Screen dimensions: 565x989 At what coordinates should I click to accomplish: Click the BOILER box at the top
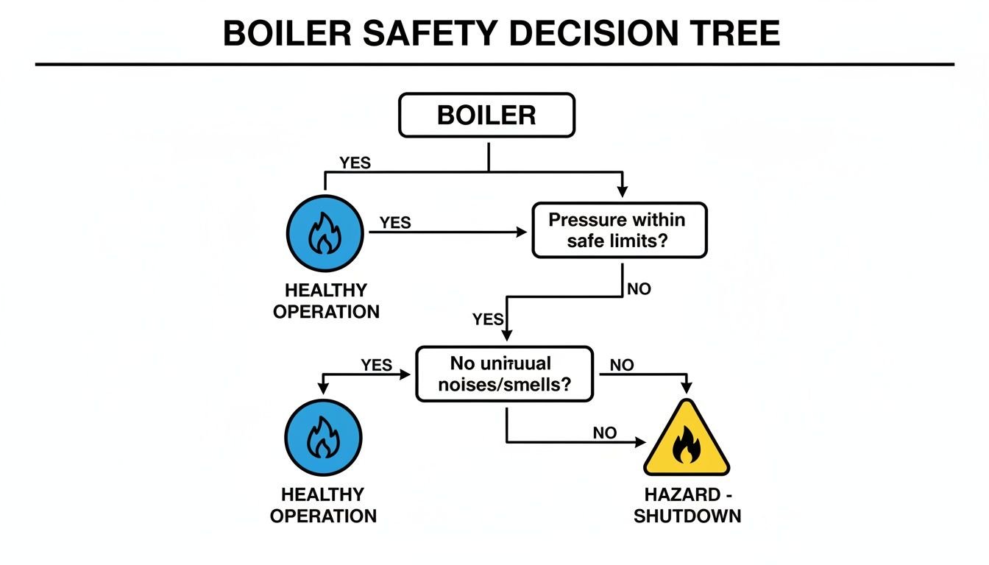coord(486,116)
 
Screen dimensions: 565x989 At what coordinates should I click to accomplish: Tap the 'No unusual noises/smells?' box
coord(504,374)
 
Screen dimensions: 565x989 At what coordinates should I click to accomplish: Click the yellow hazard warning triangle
coord(686,441)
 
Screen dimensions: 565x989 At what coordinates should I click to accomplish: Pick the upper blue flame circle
coord(324,232)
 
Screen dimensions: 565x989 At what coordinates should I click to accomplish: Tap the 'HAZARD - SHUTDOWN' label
coord(687,505)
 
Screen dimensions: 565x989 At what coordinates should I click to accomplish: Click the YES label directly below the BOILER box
coord(355,163)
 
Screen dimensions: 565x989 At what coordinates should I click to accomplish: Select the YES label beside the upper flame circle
coord(395,222)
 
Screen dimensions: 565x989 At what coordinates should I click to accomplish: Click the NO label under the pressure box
coord(639,289)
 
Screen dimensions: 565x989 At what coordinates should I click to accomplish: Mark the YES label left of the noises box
coord(376,365)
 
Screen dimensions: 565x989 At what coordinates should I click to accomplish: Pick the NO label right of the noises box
coord(622,366)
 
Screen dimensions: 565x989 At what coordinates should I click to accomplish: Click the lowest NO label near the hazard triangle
coord(604,433)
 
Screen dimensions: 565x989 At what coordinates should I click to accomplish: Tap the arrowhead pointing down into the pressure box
coord(623,192)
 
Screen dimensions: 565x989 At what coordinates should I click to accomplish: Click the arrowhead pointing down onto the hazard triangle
coord(686,388)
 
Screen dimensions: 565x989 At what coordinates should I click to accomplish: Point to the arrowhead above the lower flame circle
coord(323,388)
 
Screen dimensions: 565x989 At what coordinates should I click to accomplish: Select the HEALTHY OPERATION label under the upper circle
coord(326,301)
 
